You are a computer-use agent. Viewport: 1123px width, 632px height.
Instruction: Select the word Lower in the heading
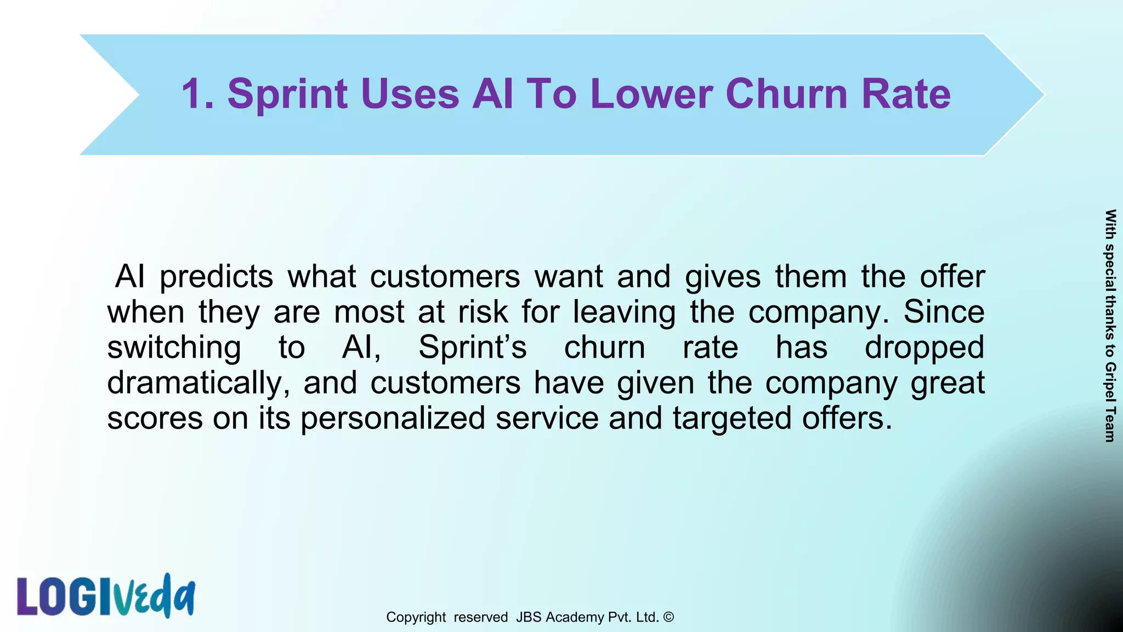651,94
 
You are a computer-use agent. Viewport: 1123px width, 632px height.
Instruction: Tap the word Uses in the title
410,94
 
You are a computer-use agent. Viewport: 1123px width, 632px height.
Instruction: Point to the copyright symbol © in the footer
668,617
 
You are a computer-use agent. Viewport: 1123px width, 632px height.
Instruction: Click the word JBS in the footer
529,617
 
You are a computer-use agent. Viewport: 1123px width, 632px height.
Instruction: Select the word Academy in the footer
575,617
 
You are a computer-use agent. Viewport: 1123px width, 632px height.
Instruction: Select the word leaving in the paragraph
624,312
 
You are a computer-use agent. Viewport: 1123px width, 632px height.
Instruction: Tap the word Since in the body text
944,312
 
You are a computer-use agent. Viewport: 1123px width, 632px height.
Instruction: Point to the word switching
174,347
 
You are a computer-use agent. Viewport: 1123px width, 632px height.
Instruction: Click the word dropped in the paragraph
925,347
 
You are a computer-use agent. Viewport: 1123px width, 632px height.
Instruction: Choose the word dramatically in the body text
198,382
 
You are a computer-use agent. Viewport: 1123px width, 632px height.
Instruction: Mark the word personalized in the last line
393,418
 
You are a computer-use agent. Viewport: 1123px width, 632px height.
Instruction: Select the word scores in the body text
155,418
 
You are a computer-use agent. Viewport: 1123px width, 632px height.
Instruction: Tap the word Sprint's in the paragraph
473,347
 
